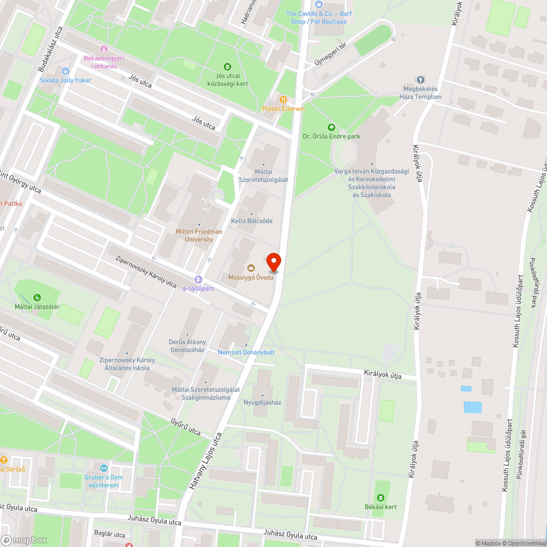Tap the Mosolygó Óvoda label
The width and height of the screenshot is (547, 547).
(x=251, y=277)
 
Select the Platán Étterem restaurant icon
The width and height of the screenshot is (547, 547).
(x=283, y=100)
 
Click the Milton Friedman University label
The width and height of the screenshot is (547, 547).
(x=199, y=235)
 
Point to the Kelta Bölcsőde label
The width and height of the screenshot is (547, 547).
(x=252, y=220)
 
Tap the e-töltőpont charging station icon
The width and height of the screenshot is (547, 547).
(x=199, y=279)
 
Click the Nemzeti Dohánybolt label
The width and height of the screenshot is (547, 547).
(x=246, y=352)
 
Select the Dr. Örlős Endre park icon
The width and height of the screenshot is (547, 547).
(x=330, y=127)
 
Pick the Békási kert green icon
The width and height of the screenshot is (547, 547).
(x=381, y=497)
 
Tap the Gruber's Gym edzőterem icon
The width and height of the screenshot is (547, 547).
(x=104, y=468)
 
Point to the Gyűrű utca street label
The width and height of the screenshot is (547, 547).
(x=185, y=427)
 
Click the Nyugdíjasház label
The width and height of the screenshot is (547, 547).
(x=262, y=402)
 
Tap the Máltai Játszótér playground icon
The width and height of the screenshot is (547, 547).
(x=37, y=298)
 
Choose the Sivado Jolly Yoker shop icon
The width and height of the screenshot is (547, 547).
(x=66, y=71)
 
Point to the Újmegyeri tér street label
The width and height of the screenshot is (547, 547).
(x=331, y=55)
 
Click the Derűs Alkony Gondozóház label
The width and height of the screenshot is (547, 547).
(x=187, y=346)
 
